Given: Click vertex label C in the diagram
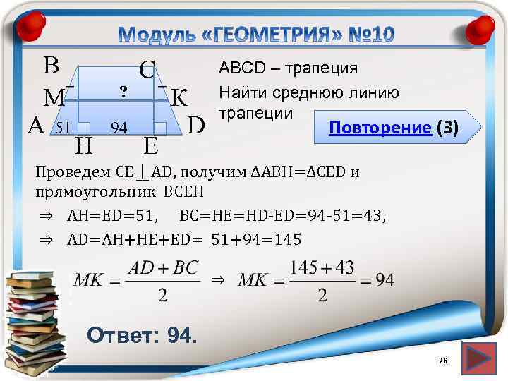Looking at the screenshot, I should coord(147,71).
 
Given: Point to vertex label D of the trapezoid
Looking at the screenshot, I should coord(197,125).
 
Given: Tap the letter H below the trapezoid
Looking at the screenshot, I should coord(84,146).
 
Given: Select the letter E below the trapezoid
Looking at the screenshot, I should coord(150,146).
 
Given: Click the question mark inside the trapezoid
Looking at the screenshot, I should coord(123,91).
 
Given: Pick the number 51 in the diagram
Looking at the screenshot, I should coord(64,128).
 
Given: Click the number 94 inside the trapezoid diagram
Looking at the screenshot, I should coord(119,128).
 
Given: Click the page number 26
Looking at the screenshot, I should coord(443,361).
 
